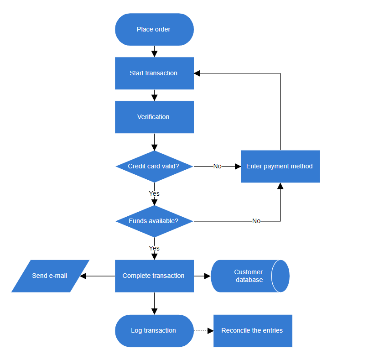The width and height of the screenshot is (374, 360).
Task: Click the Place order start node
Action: (154, 30)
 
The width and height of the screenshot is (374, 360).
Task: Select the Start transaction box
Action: (154, 73)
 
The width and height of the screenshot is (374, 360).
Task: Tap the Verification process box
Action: (154, 117)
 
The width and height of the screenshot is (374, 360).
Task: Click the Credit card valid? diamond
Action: (154, 167)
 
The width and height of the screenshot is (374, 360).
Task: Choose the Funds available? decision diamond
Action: (154, 221)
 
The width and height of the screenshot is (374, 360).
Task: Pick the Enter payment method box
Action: (280, 167)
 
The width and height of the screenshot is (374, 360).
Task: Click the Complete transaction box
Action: (154, 276)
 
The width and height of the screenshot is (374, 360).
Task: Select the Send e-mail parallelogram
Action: (50, 276)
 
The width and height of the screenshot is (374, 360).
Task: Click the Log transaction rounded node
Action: (154, 331)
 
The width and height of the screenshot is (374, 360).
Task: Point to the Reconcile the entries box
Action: (253, 331)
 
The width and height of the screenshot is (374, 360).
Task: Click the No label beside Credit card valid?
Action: (217, 167)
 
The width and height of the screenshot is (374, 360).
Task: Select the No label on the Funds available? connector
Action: (256, 221)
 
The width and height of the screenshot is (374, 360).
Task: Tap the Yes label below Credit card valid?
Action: (154, 193)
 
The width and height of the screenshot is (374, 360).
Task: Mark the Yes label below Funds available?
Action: (154, 248)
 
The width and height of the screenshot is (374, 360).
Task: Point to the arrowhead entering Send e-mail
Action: (83, 276)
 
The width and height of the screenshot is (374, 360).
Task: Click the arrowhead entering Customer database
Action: (208, 276)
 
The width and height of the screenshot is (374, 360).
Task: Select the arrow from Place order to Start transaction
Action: (154, 51)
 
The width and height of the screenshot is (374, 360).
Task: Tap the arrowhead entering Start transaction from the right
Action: (197, 73)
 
